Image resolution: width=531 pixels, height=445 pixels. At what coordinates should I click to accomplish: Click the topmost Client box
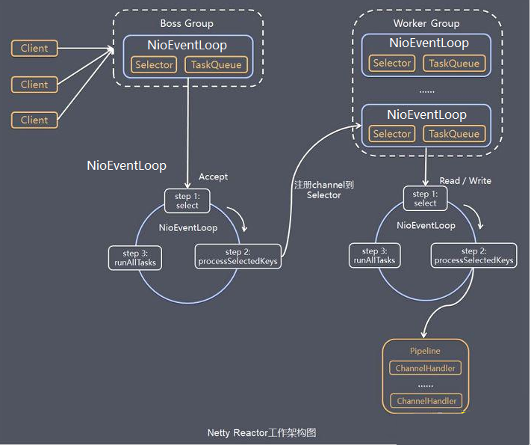[x=34, y=49]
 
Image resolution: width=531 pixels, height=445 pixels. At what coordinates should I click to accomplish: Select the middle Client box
[x=34, y=85]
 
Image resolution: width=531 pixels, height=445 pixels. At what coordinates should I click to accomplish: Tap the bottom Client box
[x=34, y=120]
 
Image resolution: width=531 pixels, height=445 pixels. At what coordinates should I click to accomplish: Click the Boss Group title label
[x=187, y=23]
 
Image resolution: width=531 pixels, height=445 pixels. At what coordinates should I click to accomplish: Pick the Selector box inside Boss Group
[x=154, y=65]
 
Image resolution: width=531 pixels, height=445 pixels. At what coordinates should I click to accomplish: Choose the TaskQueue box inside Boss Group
[x=217, y=65]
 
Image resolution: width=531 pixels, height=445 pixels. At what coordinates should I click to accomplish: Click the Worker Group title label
[x=426, y=23]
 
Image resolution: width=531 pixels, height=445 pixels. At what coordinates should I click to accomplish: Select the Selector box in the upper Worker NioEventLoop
[x=392, y=64]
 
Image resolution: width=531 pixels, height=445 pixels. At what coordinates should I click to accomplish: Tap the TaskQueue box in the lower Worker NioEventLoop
[x=454, y=134]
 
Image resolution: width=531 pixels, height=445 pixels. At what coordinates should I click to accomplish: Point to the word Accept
[x=213, y=177]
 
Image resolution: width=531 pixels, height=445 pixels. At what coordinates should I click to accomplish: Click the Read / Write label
[x=465, y=181]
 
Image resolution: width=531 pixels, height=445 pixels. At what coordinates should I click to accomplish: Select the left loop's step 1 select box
[x=187, y=200]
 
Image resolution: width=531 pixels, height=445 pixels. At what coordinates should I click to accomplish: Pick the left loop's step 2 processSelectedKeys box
[x=238, y=257]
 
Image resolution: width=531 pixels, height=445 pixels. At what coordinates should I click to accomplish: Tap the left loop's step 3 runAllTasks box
[x=135, y=257]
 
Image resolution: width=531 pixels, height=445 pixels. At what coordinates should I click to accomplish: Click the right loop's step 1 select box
[x=425, y=198]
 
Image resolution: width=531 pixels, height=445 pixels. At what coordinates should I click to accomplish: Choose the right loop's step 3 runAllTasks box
[x=376, y=256]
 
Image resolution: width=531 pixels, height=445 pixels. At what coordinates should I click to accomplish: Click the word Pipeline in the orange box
[x=425, y=351]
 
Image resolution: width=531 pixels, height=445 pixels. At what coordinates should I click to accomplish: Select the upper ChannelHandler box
[x=425, y=368]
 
